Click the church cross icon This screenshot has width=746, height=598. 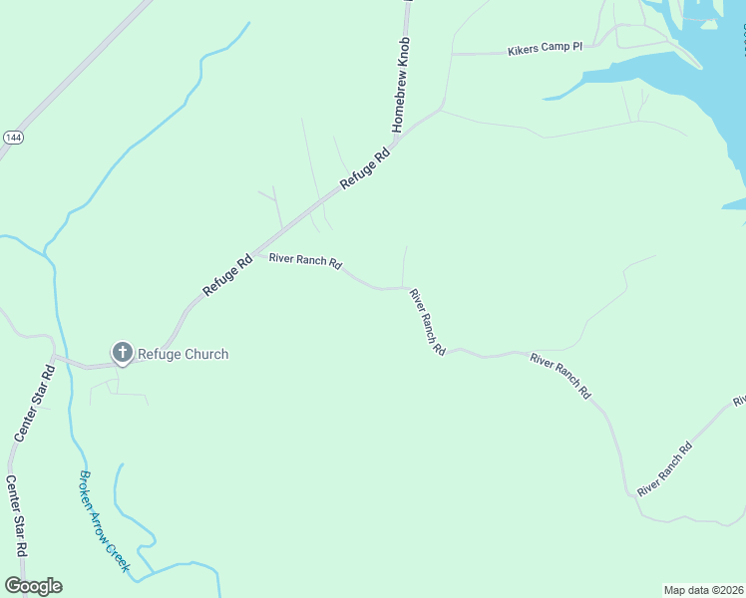tap(123, 352)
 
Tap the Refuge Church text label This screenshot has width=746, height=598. tap(183, 354)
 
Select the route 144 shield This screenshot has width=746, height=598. tap(12, 137)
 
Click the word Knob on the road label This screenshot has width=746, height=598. tap(405, 55)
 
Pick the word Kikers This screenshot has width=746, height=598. tap(524, 49)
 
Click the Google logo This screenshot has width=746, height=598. tap(33, 586)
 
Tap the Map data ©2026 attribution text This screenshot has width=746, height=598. tap(703, 589)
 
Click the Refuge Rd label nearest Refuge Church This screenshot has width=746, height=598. tap(227, 276)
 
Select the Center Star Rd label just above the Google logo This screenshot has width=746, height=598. tap(16, 515)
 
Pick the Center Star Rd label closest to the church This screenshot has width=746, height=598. tap(33, 404)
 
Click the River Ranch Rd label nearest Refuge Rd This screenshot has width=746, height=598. tap(306, 262)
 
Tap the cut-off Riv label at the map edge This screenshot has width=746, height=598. tap(739, 401)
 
